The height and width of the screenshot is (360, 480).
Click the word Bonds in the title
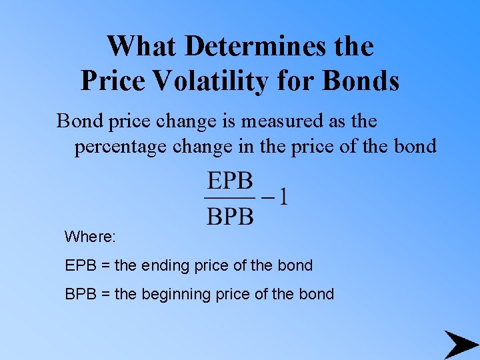click(x=361, y=81)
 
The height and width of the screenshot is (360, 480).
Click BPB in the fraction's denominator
click(x=230, y=216)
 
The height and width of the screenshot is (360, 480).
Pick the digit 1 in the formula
click(x=283, y=198)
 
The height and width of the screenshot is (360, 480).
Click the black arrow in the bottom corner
click(x=461, y=344)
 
